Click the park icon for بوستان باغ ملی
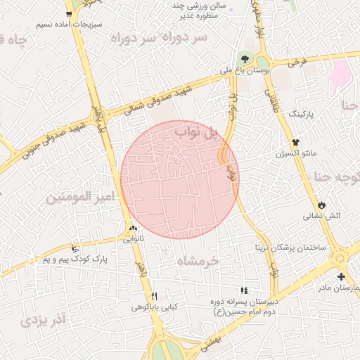[x=245, y=58]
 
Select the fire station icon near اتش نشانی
[x=321, y=205]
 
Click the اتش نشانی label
[x=323, y=215]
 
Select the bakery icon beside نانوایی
[x=133, y=228]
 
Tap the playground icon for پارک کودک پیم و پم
[x=75, y=247]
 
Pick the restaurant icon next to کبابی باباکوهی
[x=154, y=296]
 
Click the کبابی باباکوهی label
[x=154, y=307]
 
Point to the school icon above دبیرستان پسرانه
[x=244, y=290]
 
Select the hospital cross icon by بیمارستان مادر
[x=341, y=276]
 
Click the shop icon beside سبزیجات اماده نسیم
[x=68, y=13]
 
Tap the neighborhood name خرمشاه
[x=199, y=260]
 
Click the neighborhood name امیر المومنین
[x=80, y=198]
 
